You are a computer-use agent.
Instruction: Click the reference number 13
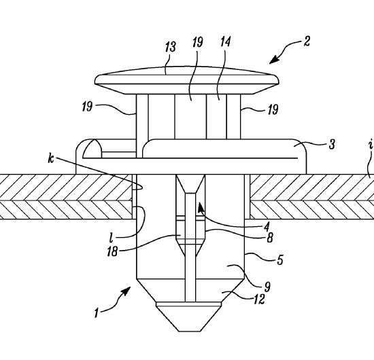click(x=171, y=47)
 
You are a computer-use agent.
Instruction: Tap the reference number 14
click(x=225, y=41)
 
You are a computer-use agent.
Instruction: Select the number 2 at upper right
click(x=307, y=41)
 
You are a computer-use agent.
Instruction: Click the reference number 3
click(x=332, y=145)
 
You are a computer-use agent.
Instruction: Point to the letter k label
click(x=51, y=158)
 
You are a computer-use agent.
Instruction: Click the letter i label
click(x=371, y=144)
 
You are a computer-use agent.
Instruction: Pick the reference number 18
click(x=112, y=251)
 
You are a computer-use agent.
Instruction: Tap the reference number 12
click(x=259, y=299)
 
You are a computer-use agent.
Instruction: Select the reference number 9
click(x=267, y=287)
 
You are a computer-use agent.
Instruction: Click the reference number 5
click(x=280, y=260)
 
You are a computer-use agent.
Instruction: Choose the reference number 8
click(x=270, y=238)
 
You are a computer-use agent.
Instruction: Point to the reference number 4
click(x=267, y=227)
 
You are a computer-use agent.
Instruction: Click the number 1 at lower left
click(x=97, y=313)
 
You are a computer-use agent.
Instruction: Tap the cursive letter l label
click(x=111, y=238)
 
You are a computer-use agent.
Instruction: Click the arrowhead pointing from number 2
click(x=274, y=60)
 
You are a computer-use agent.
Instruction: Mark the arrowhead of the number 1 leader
click(x=126, y=291)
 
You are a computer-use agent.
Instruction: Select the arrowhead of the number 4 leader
click(x=201, y=206)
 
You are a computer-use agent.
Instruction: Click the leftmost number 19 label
click(x=87, y=106)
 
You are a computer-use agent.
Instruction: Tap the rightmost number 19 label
click(x=273, y=109)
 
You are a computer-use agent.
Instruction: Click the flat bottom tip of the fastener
click(x=190, y=331)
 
